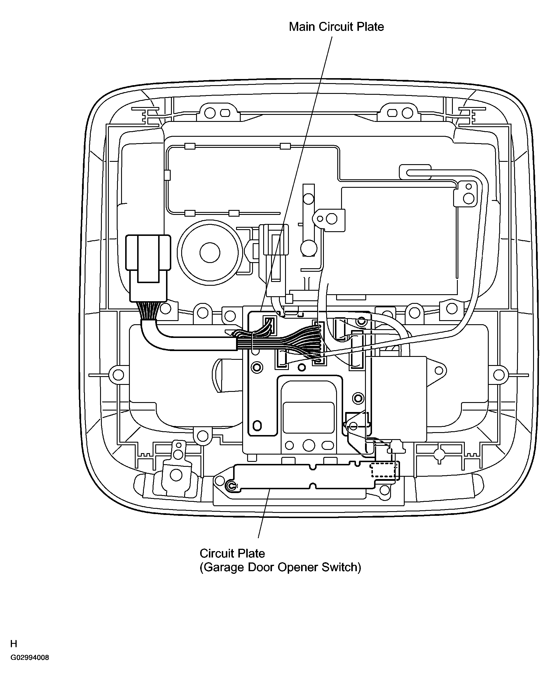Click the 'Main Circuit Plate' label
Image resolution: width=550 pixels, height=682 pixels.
pos(336,27)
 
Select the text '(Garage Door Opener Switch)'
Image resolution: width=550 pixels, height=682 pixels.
pos(280,567)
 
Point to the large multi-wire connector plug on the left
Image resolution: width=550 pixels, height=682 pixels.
pos(148,268)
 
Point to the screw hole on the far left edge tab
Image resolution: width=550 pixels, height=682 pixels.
pos(118,375)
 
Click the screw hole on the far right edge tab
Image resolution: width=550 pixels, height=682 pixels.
pos(499,375)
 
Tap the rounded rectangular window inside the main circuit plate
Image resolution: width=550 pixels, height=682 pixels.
pos(309,418)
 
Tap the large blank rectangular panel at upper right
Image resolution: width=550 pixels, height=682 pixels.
pos(399,241)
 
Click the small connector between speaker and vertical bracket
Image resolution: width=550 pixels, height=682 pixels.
pos(274,240)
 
